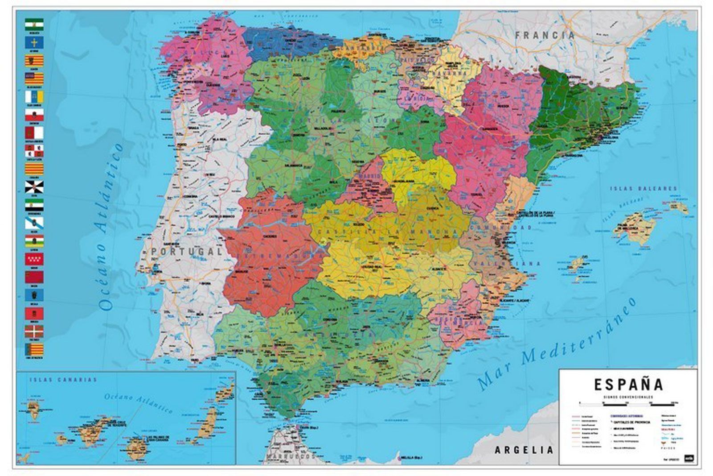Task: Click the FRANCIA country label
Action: [545, 35]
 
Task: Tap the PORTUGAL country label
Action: [186, 252]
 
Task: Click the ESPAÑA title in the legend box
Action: [628, 384]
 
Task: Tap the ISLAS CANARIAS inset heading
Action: [63, 380]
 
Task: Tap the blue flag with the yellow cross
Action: [34, 42]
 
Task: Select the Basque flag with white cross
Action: [34, 331]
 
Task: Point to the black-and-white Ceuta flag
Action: [34, 186]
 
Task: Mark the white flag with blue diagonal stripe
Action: [34, 223]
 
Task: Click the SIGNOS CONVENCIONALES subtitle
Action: [628, 396]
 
